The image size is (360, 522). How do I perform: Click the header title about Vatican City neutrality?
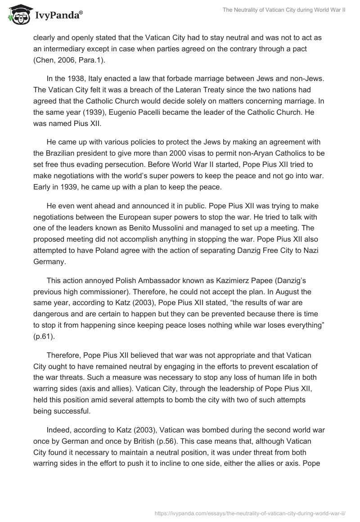[284, 9]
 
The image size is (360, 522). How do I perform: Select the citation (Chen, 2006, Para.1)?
[70, 60]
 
